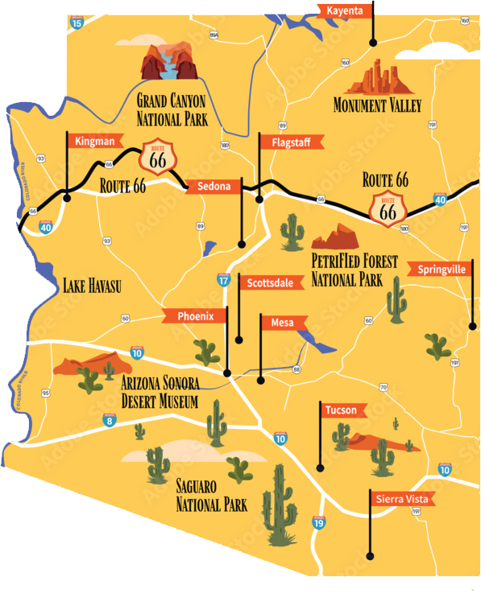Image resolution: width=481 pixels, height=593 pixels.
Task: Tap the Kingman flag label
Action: pyautogui.click(x=93, y=141)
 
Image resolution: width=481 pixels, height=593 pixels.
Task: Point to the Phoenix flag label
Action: pyautogui.click(x=194, y=315)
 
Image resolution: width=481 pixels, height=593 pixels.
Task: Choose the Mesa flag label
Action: pyautogui.click(x=282, y=323)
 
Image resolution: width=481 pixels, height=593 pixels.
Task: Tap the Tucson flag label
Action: pyautogui.click(x=340, y=410)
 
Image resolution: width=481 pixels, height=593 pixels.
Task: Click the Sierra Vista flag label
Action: pyautogui.click(x=401, y=499)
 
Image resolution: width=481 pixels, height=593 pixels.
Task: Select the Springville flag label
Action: pyautogui.click(x=441, y=270)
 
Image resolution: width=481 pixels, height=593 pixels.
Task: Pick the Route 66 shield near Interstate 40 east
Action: pyautogui.click(x=388, y=208)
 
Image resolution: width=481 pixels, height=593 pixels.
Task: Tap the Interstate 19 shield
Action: pyautogui.click(x=319, y=523)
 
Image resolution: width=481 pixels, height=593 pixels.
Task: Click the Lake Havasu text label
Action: pyautogui.click(x=92, y=283)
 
